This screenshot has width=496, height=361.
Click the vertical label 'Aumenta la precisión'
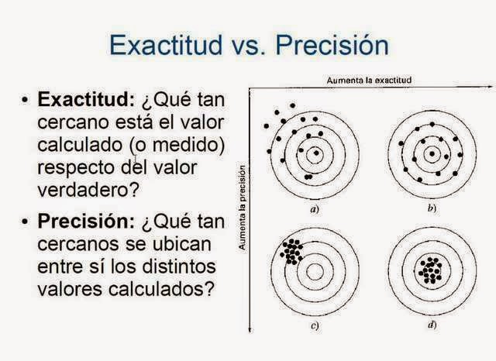[x=243, y=208]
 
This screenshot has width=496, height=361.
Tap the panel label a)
[x=315, y=209]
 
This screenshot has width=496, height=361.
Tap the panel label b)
[x=431, y=209]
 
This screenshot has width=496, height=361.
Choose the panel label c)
[x=315, y=326]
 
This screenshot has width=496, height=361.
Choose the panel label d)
[x=431, y=326]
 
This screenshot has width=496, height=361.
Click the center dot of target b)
[x=432, y=153]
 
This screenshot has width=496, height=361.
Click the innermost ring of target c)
[x=315, y=271]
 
